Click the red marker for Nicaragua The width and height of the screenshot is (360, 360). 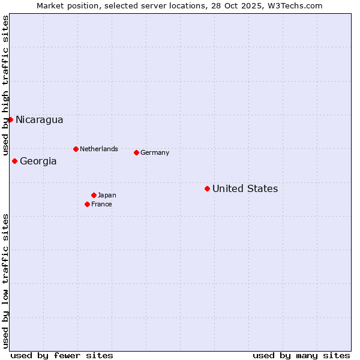point(10,119)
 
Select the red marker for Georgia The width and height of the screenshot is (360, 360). point(14,161)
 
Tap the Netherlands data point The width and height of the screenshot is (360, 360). point(76,149)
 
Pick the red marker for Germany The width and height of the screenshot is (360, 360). point(136,152)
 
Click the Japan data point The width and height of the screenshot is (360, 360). point(94,195)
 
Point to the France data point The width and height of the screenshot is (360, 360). point(87,204)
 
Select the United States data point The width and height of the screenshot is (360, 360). point(207,188)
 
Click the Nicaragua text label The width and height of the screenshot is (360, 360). point(39,120)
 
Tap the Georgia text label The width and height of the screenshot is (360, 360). point(38,161)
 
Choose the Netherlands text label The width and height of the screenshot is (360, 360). point(99,149)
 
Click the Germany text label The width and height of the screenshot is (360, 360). point(155,152)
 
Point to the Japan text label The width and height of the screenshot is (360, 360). point(107,195)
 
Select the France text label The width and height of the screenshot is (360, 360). point(101,204)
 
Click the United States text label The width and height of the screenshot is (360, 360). point(245,189)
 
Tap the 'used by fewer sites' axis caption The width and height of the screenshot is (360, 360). point(62,355)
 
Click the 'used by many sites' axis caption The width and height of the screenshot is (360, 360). point(301,355)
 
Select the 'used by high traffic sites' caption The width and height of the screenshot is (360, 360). point(6,82)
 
